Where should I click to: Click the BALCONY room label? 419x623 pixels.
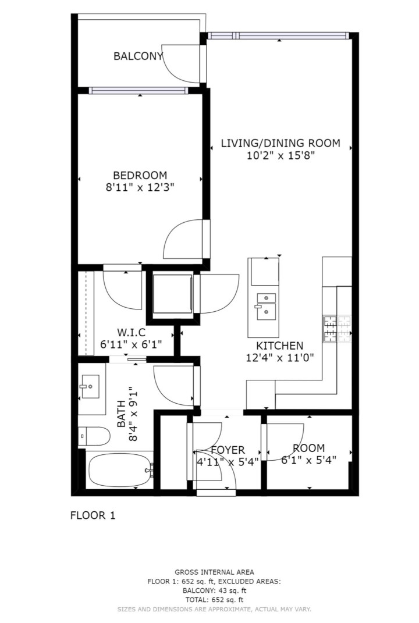point(138,56)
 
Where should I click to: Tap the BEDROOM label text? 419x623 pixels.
point(140,175)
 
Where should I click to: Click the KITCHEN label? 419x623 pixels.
point(279,346)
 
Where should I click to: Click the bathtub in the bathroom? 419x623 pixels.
point(120,470)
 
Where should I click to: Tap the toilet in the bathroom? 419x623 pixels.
point(93,436)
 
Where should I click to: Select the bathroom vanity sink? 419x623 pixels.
point(90,386)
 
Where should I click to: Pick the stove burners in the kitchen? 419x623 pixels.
point(338,329)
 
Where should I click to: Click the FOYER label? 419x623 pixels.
point(228,450)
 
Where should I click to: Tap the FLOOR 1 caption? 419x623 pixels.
point(93,515)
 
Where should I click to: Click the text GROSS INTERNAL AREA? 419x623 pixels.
point(214,572)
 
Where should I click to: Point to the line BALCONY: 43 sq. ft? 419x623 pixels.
point(214,590)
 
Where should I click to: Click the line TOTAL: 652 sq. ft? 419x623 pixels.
point(214,599)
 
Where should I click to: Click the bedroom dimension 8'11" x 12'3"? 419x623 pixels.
point(140,187)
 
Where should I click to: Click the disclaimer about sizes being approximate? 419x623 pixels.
point(214,609)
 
